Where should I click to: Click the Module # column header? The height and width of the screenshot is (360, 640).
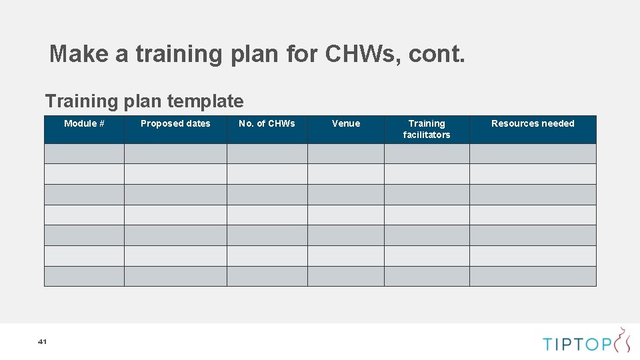click(x=84, y=123)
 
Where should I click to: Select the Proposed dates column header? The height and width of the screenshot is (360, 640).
click(x=175, y=123)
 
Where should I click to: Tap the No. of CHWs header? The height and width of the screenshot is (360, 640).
click(x=267, y=123)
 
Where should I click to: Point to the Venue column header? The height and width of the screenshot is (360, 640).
click(x=346, y=123)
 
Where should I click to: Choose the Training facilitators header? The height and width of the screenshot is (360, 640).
click(x=427, y=129)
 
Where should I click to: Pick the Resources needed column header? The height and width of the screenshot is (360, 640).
click(x=533, y=123)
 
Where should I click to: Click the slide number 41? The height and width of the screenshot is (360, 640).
click(x=42, y=341)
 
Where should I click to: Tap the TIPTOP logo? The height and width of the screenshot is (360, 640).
click(x=586, y=342)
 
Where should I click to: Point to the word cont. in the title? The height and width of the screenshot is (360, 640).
click(x=437, y=53)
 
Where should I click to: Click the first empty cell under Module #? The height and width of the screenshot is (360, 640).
click(x=84, y=154)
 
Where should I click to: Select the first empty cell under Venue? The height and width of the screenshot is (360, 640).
click(x=346, y=154)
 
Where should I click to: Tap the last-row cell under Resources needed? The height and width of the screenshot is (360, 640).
click(x=533, y=276)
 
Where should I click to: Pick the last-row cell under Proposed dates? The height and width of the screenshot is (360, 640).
click(x=175, y=276)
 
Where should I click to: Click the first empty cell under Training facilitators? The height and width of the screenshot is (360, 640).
click(x=427, y=154)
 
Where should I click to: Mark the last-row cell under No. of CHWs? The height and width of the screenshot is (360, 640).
click(x=267, y=276)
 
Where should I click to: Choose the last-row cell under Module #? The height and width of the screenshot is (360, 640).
click(x=84, y=276)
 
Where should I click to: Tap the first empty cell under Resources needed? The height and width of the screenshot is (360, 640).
click(x=533, y=154)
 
